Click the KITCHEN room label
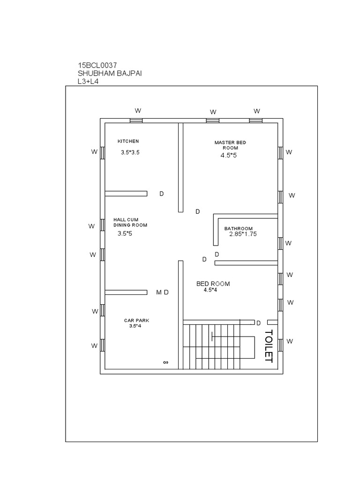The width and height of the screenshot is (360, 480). point(128,141)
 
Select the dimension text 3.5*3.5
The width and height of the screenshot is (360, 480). point(130,152)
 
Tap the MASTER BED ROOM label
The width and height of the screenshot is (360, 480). point(230,145)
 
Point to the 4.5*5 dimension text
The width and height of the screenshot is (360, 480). point(229,155)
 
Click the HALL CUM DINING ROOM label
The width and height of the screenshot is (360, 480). point(130,222)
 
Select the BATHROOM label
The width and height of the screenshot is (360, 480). point(238,228)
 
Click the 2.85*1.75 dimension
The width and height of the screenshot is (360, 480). point(243,233)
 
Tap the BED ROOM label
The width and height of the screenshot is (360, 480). point(213,284)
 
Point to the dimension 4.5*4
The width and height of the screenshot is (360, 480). point(210,290)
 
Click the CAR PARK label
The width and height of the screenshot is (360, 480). point(136,321)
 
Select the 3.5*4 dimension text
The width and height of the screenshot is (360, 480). point(135,326)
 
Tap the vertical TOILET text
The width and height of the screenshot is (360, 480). point(268,345)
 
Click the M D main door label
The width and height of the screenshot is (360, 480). point(162,292)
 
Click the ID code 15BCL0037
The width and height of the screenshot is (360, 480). point(97,65)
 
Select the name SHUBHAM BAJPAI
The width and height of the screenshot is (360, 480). point(111,73)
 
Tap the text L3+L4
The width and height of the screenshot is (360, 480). point(88,81)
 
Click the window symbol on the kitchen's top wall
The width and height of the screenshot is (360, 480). point(136,120)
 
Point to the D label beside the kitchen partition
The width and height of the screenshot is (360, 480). point(161,194)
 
